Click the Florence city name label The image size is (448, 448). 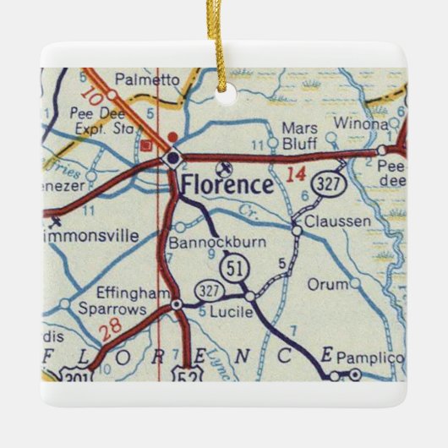click(227, 185)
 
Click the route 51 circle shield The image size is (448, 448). click(233, 269)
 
